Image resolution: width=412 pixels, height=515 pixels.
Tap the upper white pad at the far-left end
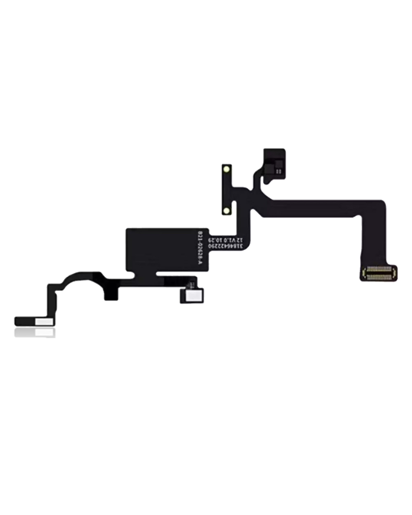pyautogui.click(x=44, y=322)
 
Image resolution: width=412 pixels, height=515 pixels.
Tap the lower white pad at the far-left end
pyautogui.click(x=44, y=332)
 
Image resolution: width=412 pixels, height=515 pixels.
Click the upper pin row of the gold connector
pyautogui.click(x=379, y=270)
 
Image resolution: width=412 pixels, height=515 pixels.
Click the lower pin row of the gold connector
pyautogui.click(x=379, y=276)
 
